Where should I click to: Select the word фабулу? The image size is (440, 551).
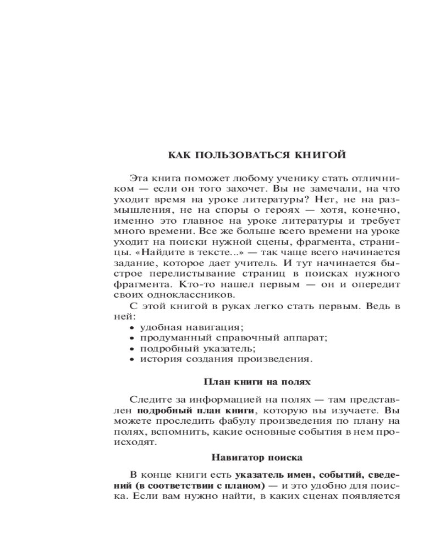[x=237, y=421]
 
